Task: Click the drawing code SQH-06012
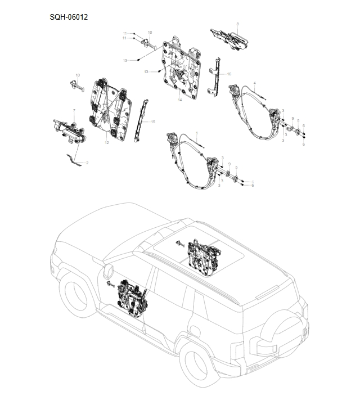[x=69, y=17]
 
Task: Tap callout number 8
[x=237, y=24]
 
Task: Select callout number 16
[x=229, y=74]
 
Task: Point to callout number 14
[x=180, y=100]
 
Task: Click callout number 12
[x=106, y=143]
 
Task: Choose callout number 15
[x=153, y=121]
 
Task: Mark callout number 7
[x=74, y=110]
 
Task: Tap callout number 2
[x=87, y=163]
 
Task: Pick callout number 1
[x=197, y=132]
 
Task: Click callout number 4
[x=255, y=83]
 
